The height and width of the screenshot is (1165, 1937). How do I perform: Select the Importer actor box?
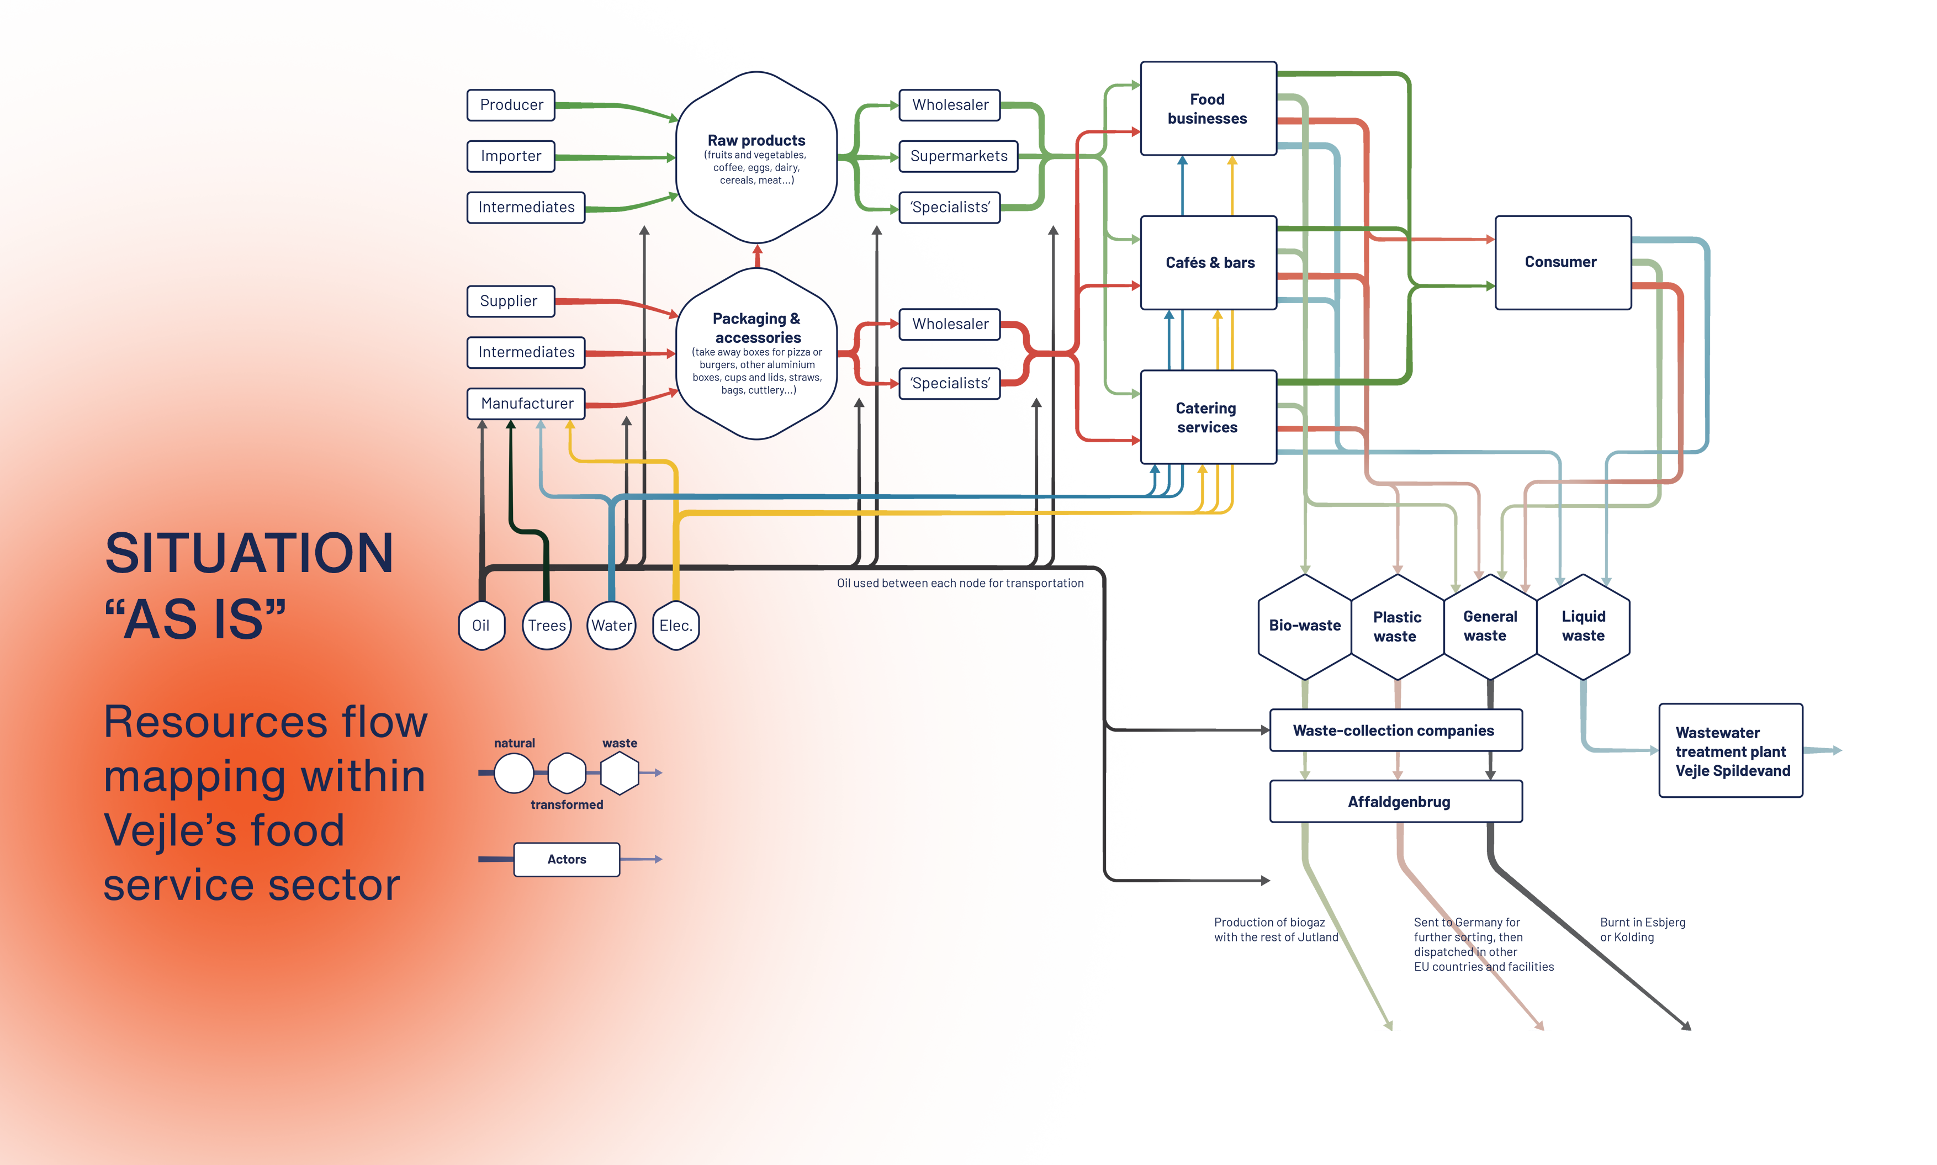coord(511,156)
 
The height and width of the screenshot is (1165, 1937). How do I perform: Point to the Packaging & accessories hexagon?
coord(756,353)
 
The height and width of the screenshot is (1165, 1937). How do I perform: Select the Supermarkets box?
coord(959,156)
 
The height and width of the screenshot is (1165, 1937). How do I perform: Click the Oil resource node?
coord(481,626)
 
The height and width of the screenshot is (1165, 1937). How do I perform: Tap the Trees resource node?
coord(546,626)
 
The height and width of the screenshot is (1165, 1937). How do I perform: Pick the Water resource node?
coord(611,626)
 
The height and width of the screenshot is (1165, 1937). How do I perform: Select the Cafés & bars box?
coord(1209,263)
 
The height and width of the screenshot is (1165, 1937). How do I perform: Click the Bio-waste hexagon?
coord(1304,626)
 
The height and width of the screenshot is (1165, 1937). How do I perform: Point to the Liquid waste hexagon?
coord(1583,626)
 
